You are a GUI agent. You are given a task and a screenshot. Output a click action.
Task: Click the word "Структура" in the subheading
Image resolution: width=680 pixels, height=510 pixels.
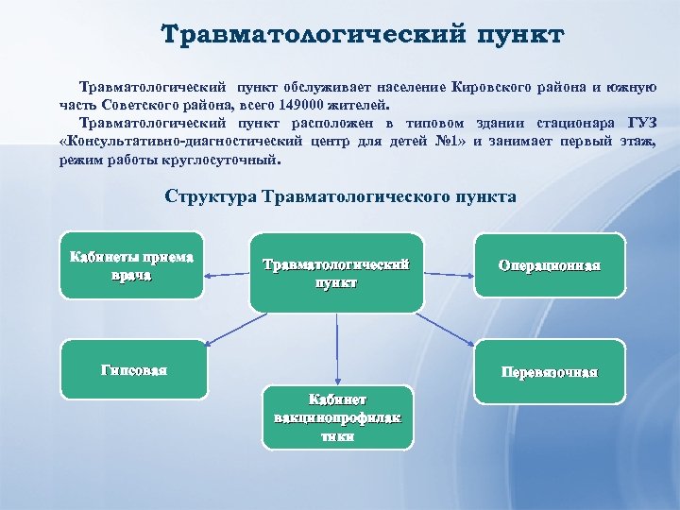[210, 196]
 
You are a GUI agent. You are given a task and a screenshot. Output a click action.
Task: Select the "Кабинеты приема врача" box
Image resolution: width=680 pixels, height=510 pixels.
[131, 265]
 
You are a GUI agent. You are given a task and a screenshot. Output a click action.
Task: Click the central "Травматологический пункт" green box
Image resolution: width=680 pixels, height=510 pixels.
[335, 273]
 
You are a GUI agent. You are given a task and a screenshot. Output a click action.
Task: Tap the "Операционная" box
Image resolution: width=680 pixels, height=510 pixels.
[549, 265]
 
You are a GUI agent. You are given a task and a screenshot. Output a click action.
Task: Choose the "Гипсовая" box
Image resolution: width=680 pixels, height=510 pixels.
[133, 369]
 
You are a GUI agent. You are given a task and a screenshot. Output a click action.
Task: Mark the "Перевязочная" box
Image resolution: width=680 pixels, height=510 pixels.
[549, 371]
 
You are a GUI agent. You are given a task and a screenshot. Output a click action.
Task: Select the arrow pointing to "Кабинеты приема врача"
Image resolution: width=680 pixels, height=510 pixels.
[227, 275]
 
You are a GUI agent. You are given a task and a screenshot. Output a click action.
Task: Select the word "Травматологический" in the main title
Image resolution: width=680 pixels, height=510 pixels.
[303, 36]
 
